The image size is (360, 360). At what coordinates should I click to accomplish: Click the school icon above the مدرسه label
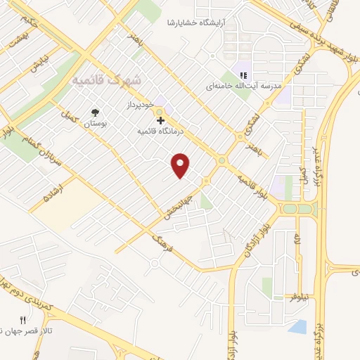tap(244, 75)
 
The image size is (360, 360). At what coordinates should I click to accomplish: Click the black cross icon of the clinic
tap(161, 121)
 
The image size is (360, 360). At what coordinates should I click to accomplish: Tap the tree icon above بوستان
tap(96, 112)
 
